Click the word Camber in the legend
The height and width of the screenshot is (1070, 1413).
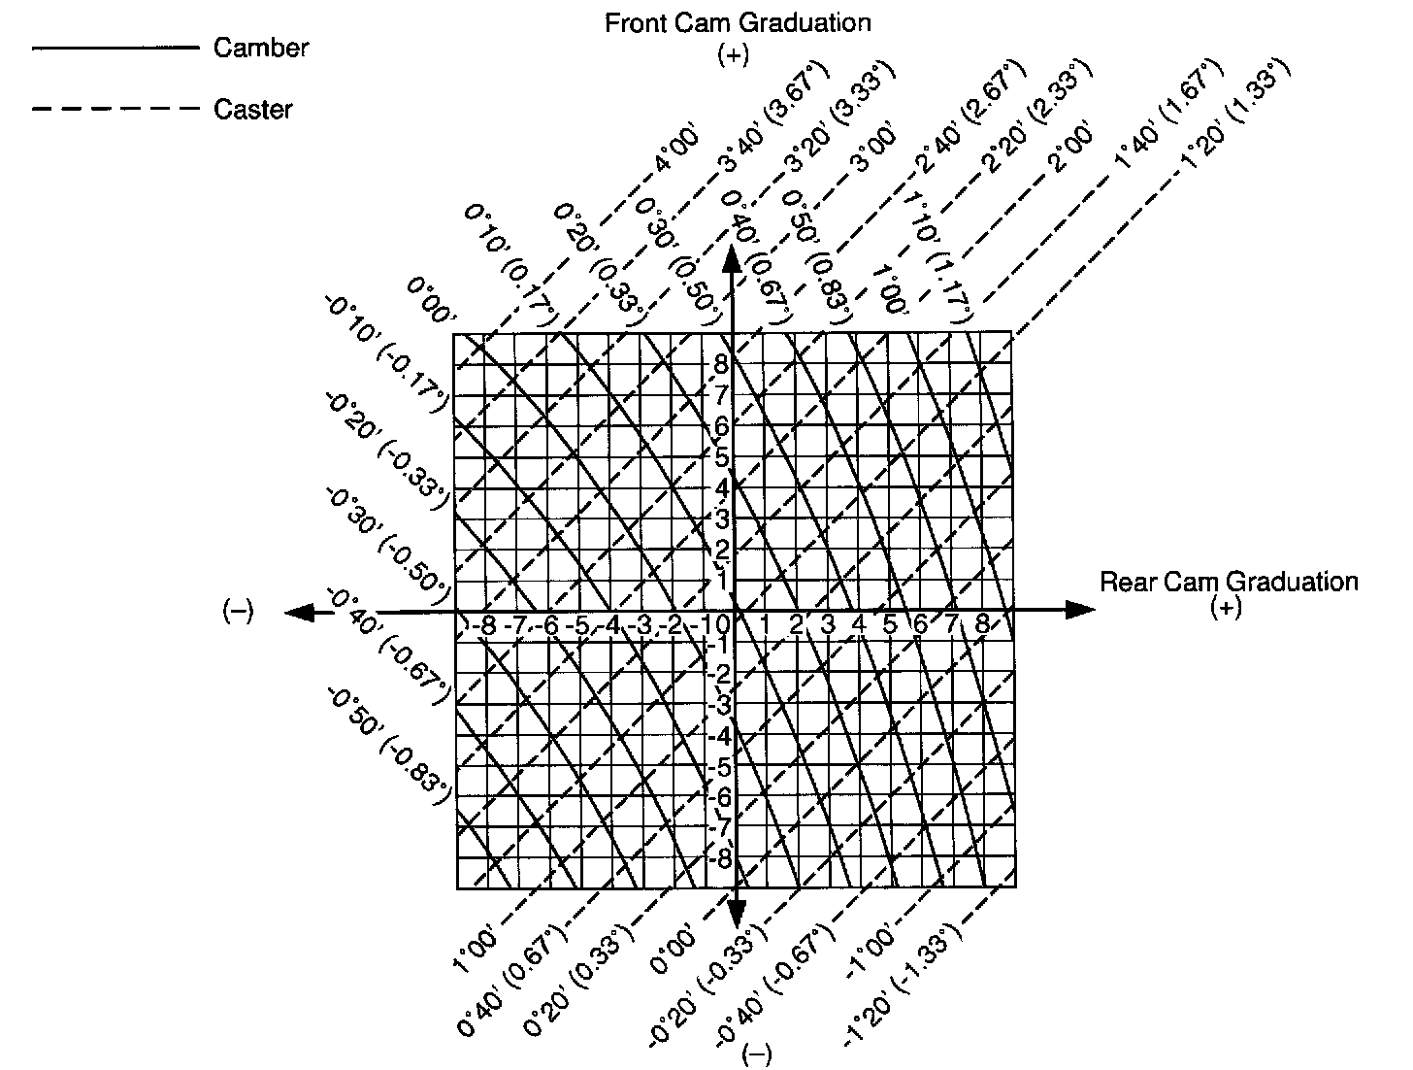point(260,48)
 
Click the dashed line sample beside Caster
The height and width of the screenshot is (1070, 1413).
point(115,109)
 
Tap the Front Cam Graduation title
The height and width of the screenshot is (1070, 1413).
point(737,22)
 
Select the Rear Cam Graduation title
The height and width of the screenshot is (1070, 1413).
point(1228,582)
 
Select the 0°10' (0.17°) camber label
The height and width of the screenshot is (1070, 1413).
point(509,264)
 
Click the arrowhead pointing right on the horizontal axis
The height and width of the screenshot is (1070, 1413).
point(1079,610)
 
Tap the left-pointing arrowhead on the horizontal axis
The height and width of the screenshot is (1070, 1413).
point(300,612)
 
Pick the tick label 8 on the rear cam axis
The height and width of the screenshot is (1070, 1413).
point(982,625)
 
